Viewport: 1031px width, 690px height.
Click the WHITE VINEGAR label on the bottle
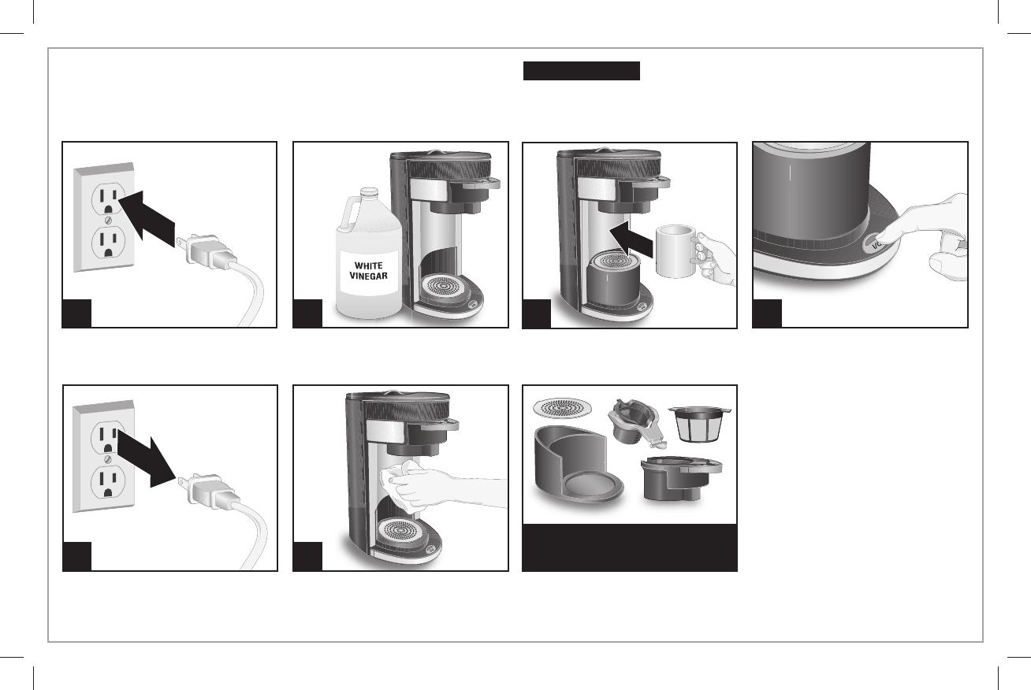[x=368, y=271]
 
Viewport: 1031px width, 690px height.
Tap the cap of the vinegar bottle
[x=369, y=193]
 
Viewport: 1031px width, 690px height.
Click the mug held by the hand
[x=676, y=251]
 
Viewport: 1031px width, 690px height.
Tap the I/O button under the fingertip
[x=873, y=244]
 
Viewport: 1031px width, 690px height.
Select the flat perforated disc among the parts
[x=563, y=408]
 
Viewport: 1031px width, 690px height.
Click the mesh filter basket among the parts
[x=699, y=424]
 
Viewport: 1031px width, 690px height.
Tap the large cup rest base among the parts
[x=578, y=465]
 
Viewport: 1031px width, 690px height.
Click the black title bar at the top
[x=582, y=71]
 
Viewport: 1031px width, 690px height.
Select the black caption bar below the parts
[x=630, y=547]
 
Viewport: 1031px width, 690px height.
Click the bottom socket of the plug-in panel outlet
[x=109, y=244]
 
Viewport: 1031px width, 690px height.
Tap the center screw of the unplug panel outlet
[x=108, y=459]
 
